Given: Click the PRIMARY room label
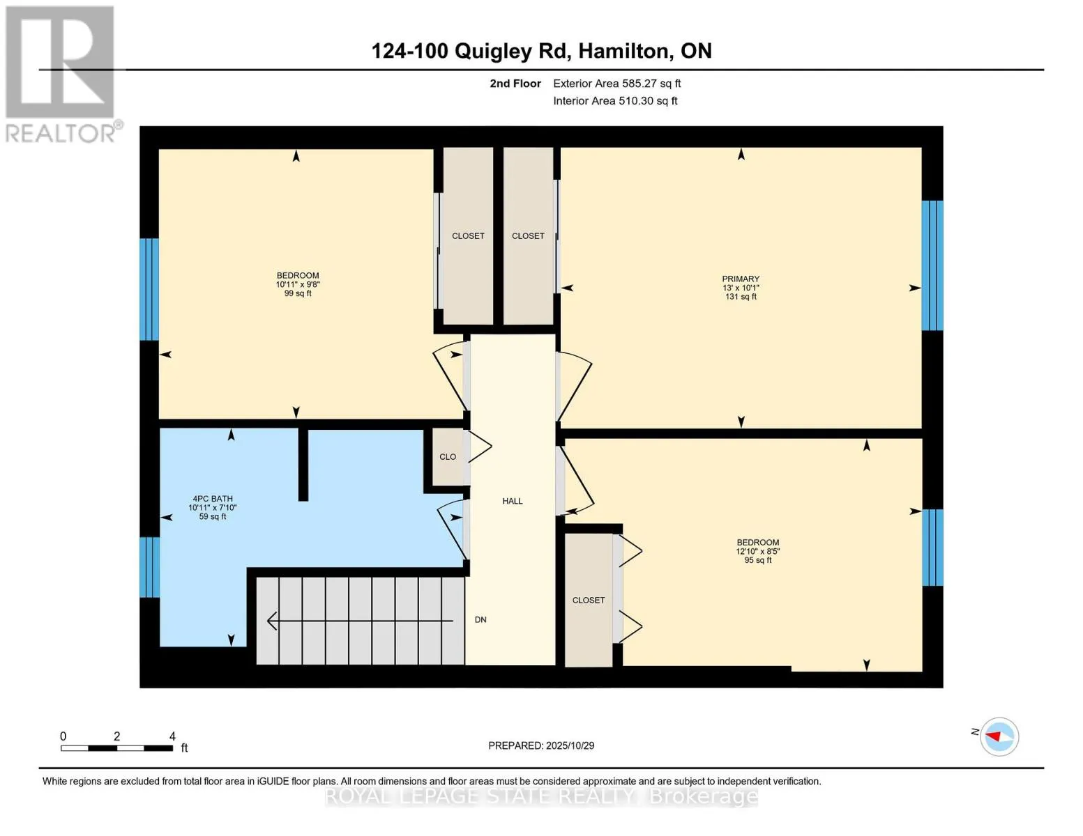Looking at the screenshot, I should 741,279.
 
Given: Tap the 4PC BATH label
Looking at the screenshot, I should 213,499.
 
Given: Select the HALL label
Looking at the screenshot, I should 513,501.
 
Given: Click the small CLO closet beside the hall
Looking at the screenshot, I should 448,457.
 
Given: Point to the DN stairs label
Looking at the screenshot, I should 480,619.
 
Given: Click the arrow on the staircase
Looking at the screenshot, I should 360,620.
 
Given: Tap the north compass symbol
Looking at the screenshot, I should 999,736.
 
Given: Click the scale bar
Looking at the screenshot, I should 116,748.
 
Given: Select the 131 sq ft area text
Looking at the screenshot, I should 741,297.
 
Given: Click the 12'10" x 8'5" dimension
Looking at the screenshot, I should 758,551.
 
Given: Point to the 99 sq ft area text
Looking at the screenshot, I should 298,293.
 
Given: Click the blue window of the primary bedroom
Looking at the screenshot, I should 932,265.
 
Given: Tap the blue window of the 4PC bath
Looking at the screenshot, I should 150,567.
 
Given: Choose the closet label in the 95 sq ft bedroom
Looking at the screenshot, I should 589,600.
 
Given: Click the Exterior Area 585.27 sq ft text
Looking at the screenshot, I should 616,84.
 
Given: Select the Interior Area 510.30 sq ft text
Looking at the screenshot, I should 615,101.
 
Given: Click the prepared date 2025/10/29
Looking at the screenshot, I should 541,745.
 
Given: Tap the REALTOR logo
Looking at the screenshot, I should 61,73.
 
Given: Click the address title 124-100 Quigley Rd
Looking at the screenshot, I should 541,51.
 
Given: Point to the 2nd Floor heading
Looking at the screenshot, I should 515,84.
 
